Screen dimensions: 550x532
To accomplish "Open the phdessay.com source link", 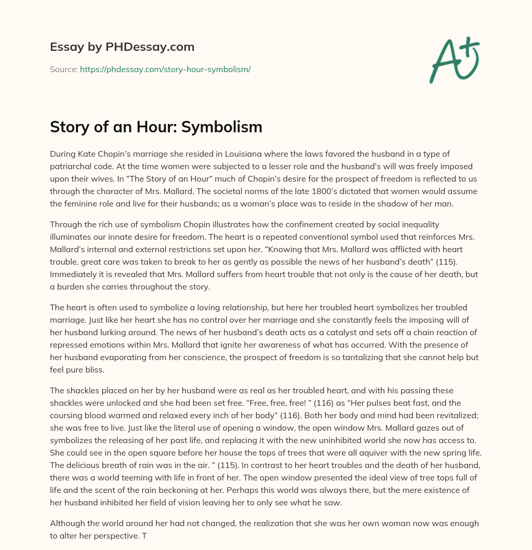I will coord(165,69).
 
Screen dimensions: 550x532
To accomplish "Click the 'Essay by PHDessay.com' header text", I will coord(122,47).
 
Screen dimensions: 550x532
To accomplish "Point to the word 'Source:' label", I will coord(63,69).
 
